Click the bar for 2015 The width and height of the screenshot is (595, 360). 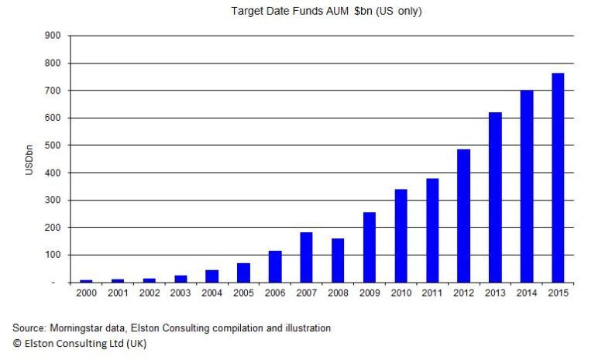(x=558, y=177)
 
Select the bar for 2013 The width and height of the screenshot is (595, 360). (x=495, y=197)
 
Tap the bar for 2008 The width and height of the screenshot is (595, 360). (x=339, y=260)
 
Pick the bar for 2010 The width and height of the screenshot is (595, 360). (x=401, y=235)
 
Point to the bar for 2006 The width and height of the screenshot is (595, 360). (x=276, y=266)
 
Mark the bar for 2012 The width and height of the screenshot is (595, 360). (x=464, y=215)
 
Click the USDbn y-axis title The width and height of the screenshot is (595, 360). (x=29, y=159)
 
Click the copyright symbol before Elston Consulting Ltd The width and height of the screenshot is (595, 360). (x=16, y=343)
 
